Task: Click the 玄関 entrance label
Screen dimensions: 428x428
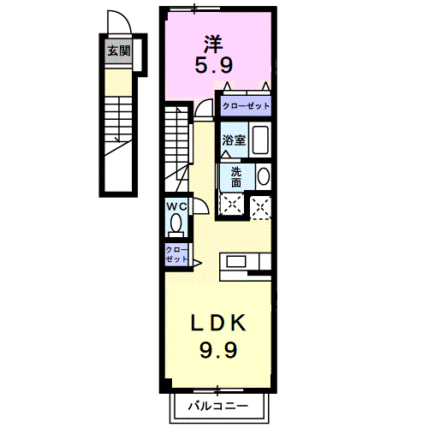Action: point(118,51)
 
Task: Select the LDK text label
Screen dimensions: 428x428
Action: point(218,323)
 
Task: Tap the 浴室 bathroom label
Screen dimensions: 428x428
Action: point(235,140)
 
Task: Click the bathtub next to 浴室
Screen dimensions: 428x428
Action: point(261,140)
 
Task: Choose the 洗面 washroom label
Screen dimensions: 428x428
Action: point(235,175)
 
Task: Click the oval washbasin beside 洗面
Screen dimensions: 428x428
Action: point(263,176)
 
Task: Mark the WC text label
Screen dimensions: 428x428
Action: point(176,206)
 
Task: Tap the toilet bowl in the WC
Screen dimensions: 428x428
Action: point(176,224)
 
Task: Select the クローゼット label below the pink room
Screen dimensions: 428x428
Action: point(246,106)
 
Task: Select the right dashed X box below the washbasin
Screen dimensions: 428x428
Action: point(260,204)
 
